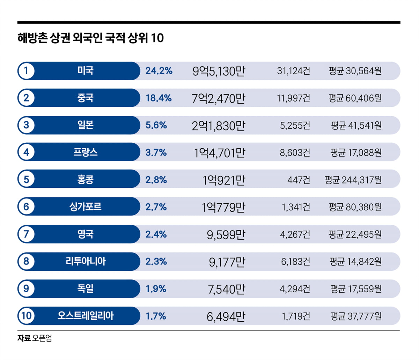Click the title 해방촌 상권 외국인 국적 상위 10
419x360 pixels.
90,38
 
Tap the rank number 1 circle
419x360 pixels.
26,71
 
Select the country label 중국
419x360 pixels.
86,98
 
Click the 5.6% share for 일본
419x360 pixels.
156,125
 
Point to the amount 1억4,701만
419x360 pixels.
220,153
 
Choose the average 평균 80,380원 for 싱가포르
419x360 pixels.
355,207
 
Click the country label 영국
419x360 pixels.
86,234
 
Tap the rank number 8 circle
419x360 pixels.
26,261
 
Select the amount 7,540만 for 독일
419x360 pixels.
227,289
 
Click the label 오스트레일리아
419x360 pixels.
86,316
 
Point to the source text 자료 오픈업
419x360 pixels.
35,338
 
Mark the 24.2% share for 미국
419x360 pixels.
159,71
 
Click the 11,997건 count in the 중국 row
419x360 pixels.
293,98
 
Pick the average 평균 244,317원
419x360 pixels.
353,180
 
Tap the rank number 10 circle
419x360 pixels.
26,316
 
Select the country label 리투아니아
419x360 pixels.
86,261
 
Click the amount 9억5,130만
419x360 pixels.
219,71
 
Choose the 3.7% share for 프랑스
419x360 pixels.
156,152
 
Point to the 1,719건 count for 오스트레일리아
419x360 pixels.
296,316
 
